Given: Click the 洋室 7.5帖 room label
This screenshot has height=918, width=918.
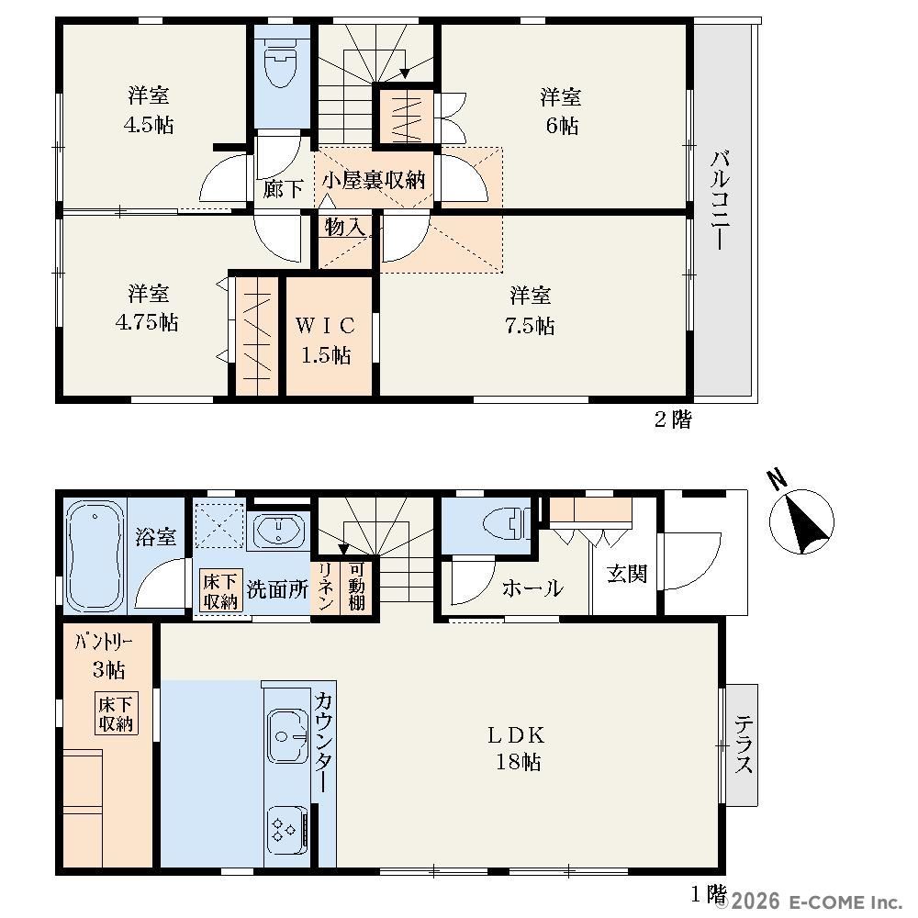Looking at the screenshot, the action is tap(530, 310).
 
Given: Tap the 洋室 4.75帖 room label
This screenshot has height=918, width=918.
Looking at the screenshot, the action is tap(147, 308).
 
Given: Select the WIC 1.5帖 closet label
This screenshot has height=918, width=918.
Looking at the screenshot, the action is tap(326, 340).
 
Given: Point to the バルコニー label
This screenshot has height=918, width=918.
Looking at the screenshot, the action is tap(720, 200).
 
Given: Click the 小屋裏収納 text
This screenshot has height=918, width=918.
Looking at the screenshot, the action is tap(374, 180).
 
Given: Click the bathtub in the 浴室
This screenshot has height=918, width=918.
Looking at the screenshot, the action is tap(95, 555).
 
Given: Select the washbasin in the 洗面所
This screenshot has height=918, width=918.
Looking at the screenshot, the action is tap(279, 531).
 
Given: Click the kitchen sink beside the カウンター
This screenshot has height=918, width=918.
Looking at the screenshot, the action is tap(287, 736).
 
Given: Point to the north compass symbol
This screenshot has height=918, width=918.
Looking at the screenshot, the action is tap(800, 516).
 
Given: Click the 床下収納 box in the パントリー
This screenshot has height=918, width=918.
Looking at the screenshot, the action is tap(116, 713).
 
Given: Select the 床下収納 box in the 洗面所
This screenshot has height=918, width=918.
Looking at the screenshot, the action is tap(220, 590).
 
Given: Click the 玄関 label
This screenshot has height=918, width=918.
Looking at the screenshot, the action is tap(626, 574).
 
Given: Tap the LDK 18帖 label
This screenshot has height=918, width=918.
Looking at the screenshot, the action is tap(518, 748).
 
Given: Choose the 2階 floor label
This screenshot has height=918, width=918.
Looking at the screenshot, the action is tap(673, 420).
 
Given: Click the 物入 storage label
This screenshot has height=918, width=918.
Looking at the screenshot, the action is tap(345, 227).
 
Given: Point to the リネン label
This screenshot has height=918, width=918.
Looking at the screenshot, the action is tap(326, 587).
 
